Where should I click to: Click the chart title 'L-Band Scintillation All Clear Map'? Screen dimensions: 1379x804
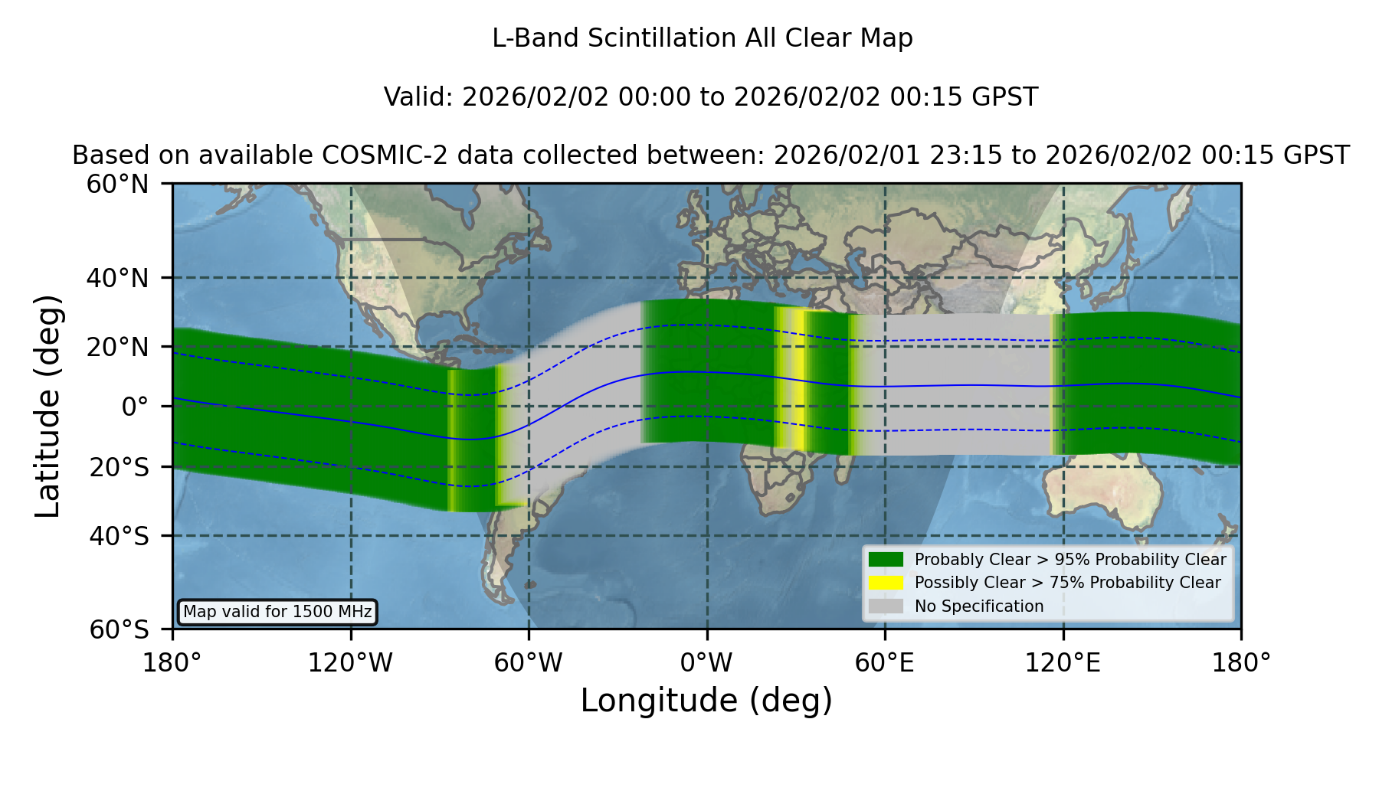[x=703, y=38]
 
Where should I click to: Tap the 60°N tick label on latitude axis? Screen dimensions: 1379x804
[x=117, y=185]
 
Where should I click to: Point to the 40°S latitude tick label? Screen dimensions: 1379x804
[x=119, y=536]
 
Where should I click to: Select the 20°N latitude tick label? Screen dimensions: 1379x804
[x=117, y=348]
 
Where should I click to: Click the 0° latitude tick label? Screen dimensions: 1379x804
[x=135, y=407]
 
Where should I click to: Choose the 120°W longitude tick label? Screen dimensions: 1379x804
[x=350, y=662]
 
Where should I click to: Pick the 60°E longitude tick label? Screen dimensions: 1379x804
[x=885, y=662]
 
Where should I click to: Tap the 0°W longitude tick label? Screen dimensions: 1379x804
[x=706, y=662]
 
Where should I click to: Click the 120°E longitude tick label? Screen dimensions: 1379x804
[x=1063, y=662]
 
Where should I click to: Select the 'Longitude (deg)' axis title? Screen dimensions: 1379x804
[x=706, y=701]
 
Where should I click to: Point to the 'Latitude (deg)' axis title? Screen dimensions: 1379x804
[x=48, y=406]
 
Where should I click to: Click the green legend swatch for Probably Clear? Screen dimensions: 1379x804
[x=886, y=560]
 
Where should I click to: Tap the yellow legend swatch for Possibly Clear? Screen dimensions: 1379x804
[x=886, y=583]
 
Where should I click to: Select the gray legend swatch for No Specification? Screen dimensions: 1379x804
[x=886, y=606]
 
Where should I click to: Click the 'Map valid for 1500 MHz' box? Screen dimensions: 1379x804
[x=277, y=612]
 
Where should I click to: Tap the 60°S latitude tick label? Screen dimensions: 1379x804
[x=119, y=629]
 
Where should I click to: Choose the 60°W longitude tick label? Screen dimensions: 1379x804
[x=529, y=662]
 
